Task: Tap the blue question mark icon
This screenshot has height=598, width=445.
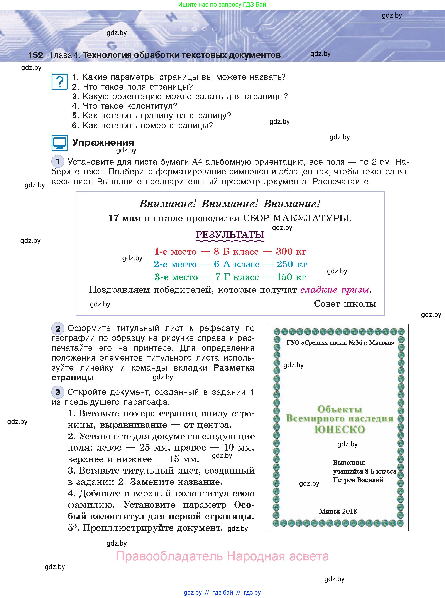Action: [59, 82]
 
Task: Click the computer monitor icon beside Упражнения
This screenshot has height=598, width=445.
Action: [59, 143]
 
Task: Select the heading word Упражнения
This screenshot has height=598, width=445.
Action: [103, 142]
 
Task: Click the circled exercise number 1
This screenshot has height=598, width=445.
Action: [58, 162]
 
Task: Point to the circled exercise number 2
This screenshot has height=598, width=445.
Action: [58, 329]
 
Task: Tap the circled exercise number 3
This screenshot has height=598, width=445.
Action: [58, 392]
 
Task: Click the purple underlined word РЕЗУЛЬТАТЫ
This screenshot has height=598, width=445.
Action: [230, 234]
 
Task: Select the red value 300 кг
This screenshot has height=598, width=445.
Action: [291, 251]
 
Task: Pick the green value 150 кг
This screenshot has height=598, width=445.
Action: [291, 277]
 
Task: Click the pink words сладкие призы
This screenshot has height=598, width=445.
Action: [335, 290]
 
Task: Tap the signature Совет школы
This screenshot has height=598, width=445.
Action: [345, 304]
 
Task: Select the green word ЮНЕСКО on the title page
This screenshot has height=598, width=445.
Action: [339, 429]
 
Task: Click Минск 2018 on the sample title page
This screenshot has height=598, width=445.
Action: [338, 511]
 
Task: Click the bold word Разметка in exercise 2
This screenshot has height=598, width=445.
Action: [234, 367]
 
